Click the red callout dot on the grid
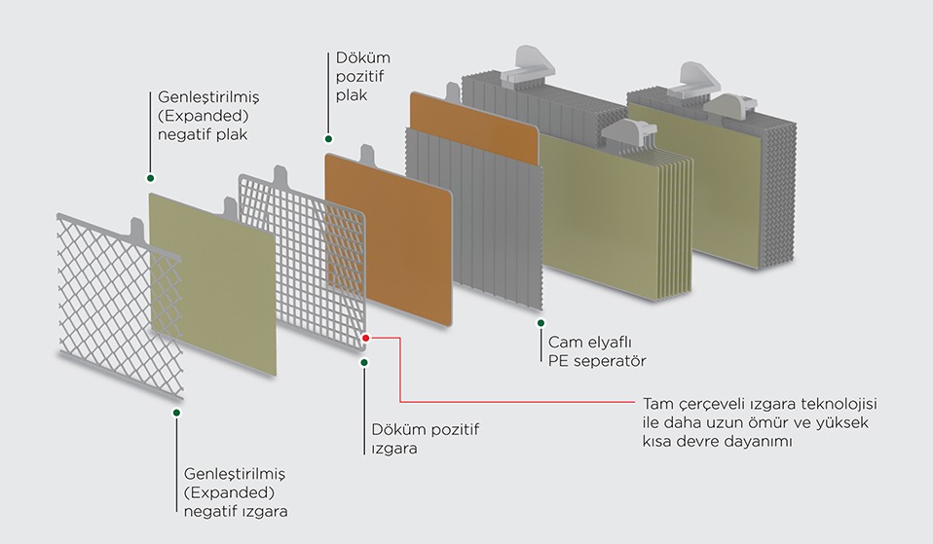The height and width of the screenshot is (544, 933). tap(366, 338)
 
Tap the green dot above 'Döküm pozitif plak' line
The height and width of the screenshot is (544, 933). tap(328, 139)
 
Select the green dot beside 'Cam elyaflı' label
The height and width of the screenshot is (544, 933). tap(541, 323)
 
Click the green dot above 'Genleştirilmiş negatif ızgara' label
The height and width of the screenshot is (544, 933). tap(176, 412)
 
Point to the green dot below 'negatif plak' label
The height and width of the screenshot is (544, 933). tap(151, 178)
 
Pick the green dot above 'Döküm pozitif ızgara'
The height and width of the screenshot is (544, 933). tap(364, 362)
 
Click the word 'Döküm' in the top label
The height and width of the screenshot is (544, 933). tap(363, 57)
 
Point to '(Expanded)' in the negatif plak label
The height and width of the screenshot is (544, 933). tap(203, 116)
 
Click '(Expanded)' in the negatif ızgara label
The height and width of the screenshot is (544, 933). tap(229, 492)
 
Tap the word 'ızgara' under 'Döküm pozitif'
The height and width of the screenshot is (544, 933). tap(394, 448)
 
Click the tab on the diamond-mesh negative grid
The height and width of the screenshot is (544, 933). tap(137, 230)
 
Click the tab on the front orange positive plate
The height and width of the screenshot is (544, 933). tap(366, 155)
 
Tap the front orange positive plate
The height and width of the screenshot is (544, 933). tap(389, 237)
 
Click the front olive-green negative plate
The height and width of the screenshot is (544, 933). tap(212, 284)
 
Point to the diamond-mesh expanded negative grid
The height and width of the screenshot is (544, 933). tap(119, 307)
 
